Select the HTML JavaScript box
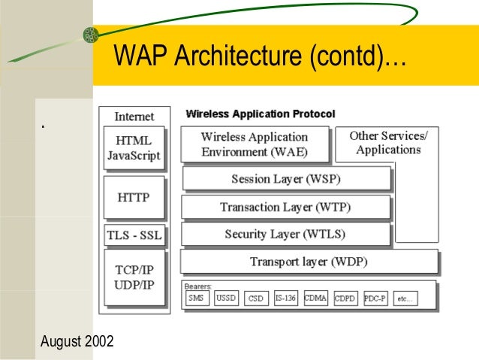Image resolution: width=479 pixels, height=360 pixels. pos(133,148)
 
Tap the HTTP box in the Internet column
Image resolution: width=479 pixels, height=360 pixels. pos(133,198)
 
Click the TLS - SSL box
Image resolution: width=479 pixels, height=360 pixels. pos(133,235)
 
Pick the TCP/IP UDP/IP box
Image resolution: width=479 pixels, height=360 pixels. pos(133,277)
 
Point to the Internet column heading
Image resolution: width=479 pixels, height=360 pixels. pos(134,116)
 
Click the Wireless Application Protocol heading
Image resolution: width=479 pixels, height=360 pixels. pos(260,114)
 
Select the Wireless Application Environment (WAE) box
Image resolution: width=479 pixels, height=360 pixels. pos(255,144)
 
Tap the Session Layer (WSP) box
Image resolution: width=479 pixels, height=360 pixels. pos(286,180)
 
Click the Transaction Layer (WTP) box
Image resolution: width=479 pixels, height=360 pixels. pos(285,207)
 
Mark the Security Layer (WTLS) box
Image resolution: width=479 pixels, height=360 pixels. pos(285,234)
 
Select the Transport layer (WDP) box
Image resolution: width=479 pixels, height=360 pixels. pos(309,262)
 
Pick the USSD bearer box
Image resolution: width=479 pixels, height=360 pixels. pos(226,298)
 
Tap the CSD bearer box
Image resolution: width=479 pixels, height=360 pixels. pos(256,298)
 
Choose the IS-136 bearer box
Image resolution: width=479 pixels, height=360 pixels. pos(285,298)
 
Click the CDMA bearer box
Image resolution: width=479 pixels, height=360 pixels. pos(315,298)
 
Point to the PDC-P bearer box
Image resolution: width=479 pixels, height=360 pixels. pos(375,298)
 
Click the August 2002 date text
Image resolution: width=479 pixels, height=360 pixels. pos(77,342)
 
